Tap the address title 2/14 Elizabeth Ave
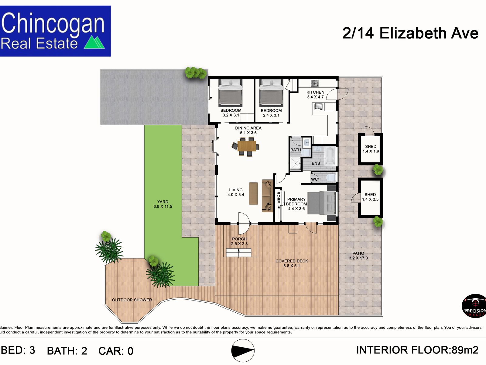[410, 33]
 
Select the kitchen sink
[318, 106]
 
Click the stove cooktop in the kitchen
[314, 83]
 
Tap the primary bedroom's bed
[321, 203]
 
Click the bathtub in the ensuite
[330, 156]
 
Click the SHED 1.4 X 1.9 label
[371, 149]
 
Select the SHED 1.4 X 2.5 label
[370, 197]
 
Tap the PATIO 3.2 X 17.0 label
[358, 255]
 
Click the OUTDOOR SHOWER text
[132, 300]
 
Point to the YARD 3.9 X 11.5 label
[163, 204]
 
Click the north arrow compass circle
[243, 350]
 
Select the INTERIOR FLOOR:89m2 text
[417, 350]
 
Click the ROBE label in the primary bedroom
[278, 197]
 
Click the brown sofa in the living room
[267, 196]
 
